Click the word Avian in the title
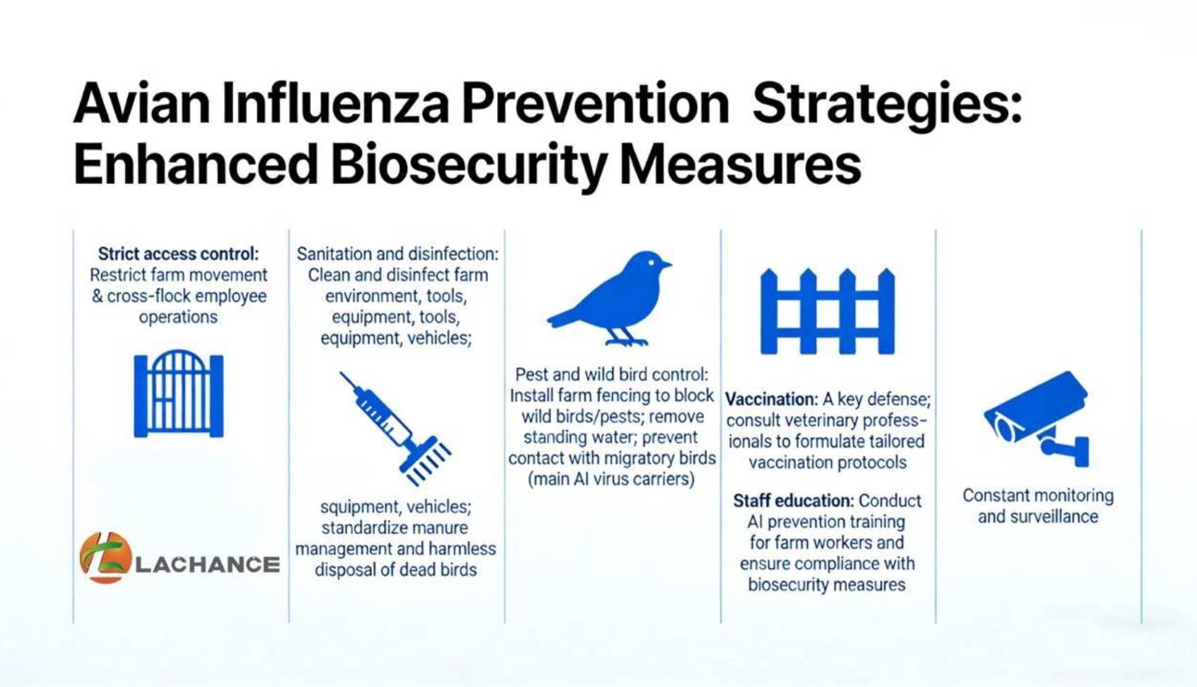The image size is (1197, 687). [142, 103]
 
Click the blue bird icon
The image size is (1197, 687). [609, 299]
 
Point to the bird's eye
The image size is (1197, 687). [651, 263]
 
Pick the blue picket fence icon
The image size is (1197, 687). [827, 311]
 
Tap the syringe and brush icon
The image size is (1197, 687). [395, 428]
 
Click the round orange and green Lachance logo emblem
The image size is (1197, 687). [105, 558]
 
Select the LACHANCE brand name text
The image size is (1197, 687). [207, 565]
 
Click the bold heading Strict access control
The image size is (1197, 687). [178, 254]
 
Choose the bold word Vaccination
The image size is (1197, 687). [771, 400]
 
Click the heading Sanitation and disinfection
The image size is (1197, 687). [397, 254]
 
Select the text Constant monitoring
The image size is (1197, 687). [1038, 496]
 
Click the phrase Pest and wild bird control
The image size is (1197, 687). [612, 374]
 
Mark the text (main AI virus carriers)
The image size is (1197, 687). [611, 479]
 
